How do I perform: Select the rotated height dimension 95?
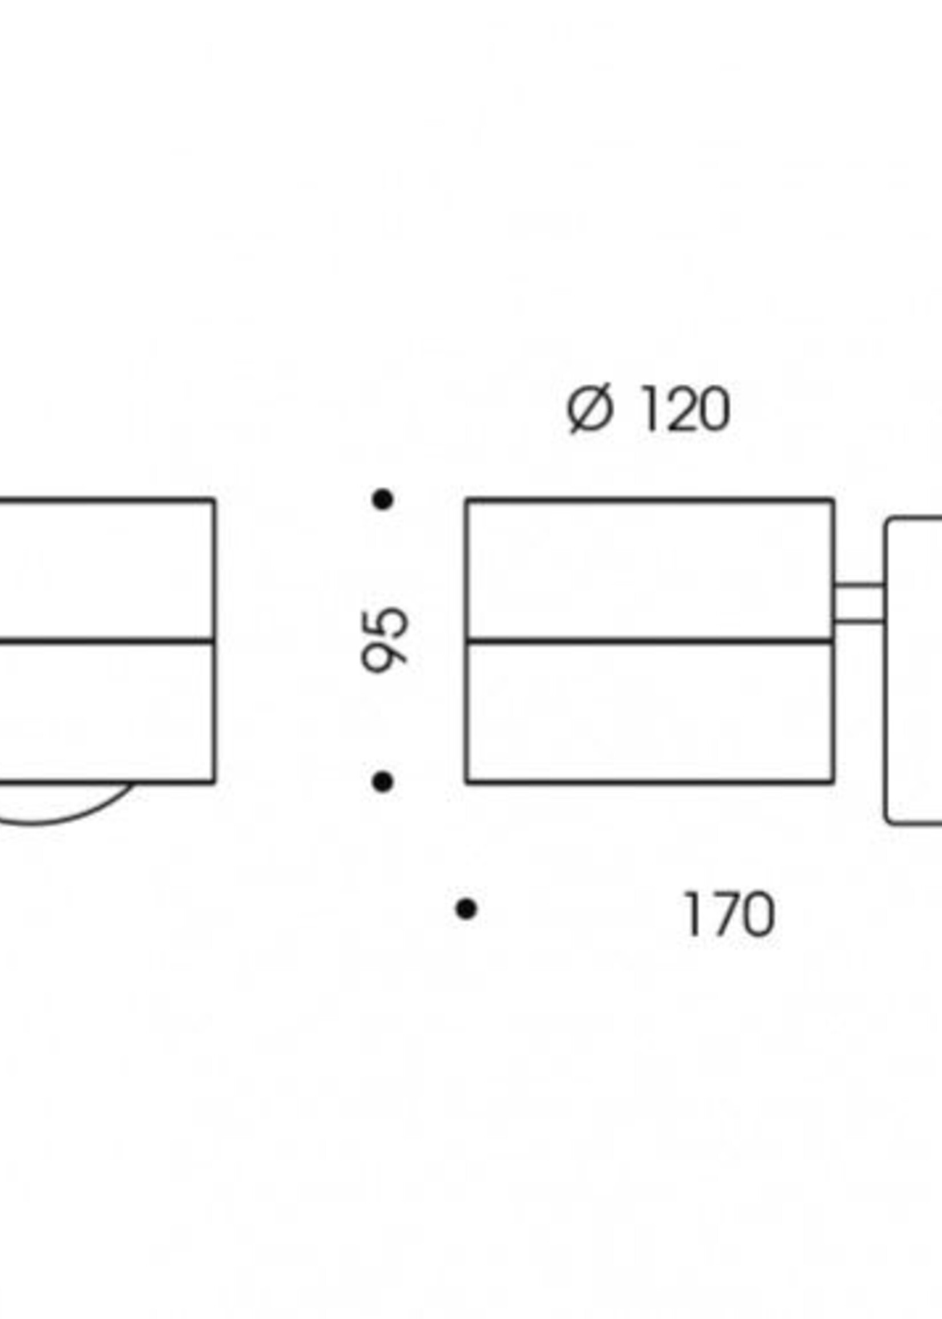(x=384, y=640)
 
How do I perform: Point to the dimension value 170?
(x=729, y=915)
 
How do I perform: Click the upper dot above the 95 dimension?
(x=383, y=499)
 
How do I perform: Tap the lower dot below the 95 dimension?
(x=382, y=782)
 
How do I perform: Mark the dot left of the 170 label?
(x=466, y=908)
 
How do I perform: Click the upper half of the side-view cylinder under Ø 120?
(x=649, y=570)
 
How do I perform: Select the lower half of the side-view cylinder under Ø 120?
(x=649, y=712)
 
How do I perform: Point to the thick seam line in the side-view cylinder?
(x=649, y=642)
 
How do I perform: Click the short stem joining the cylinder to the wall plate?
(x=859, y=604)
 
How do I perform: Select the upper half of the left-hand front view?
(x=104, y=570)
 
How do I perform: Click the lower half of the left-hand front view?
(x=104, y=712)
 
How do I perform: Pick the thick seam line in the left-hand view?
(x=104, y=642)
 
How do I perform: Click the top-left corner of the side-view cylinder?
(x=468, y=500)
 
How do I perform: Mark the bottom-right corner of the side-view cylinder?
(x=834, y=782)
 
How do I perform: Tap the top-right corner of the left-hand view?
(x=214, y=500)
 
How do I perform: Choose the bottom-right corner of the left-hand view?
(x=214, y=782)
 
